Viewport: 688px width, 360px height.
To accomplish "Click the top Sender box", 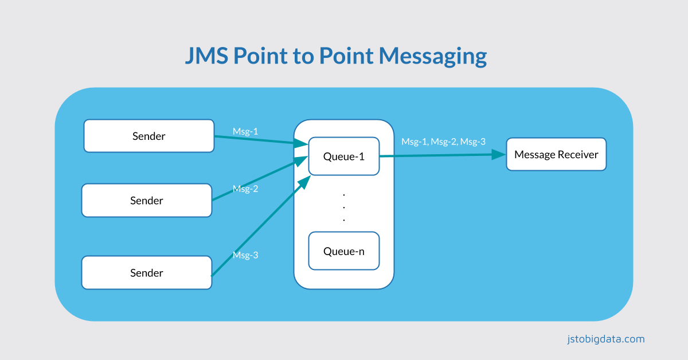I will (x=148, y=136).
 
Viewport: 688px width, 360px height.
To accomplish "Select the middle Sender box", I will (x=146, y=201).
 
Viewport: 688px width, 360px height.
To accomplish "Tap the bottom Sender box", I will (x=146, y=273).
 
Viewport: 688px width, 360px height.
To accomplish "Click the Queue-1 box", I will (x=343, y=156).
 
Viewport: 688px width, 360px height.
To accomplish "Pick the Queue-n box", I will (x=343, y=251).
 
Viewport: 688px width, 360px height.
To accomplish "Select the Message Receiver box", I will (x=556, y=154).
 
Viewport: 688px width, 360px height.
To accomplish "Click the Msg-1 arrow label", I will (x=245, y=131).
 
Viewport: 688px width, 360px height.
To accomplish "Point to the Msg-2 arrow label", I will (x=245, y=189).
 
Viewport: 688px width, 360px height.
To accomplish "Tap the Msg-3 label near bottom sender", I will (x=245, y=255).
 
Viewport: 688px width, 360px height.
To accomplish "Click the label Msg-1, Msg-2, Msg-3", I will (x=443, y=141).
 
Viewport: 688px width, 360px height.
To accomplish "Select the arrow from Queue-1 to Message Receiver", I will (x=441, y=155).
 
